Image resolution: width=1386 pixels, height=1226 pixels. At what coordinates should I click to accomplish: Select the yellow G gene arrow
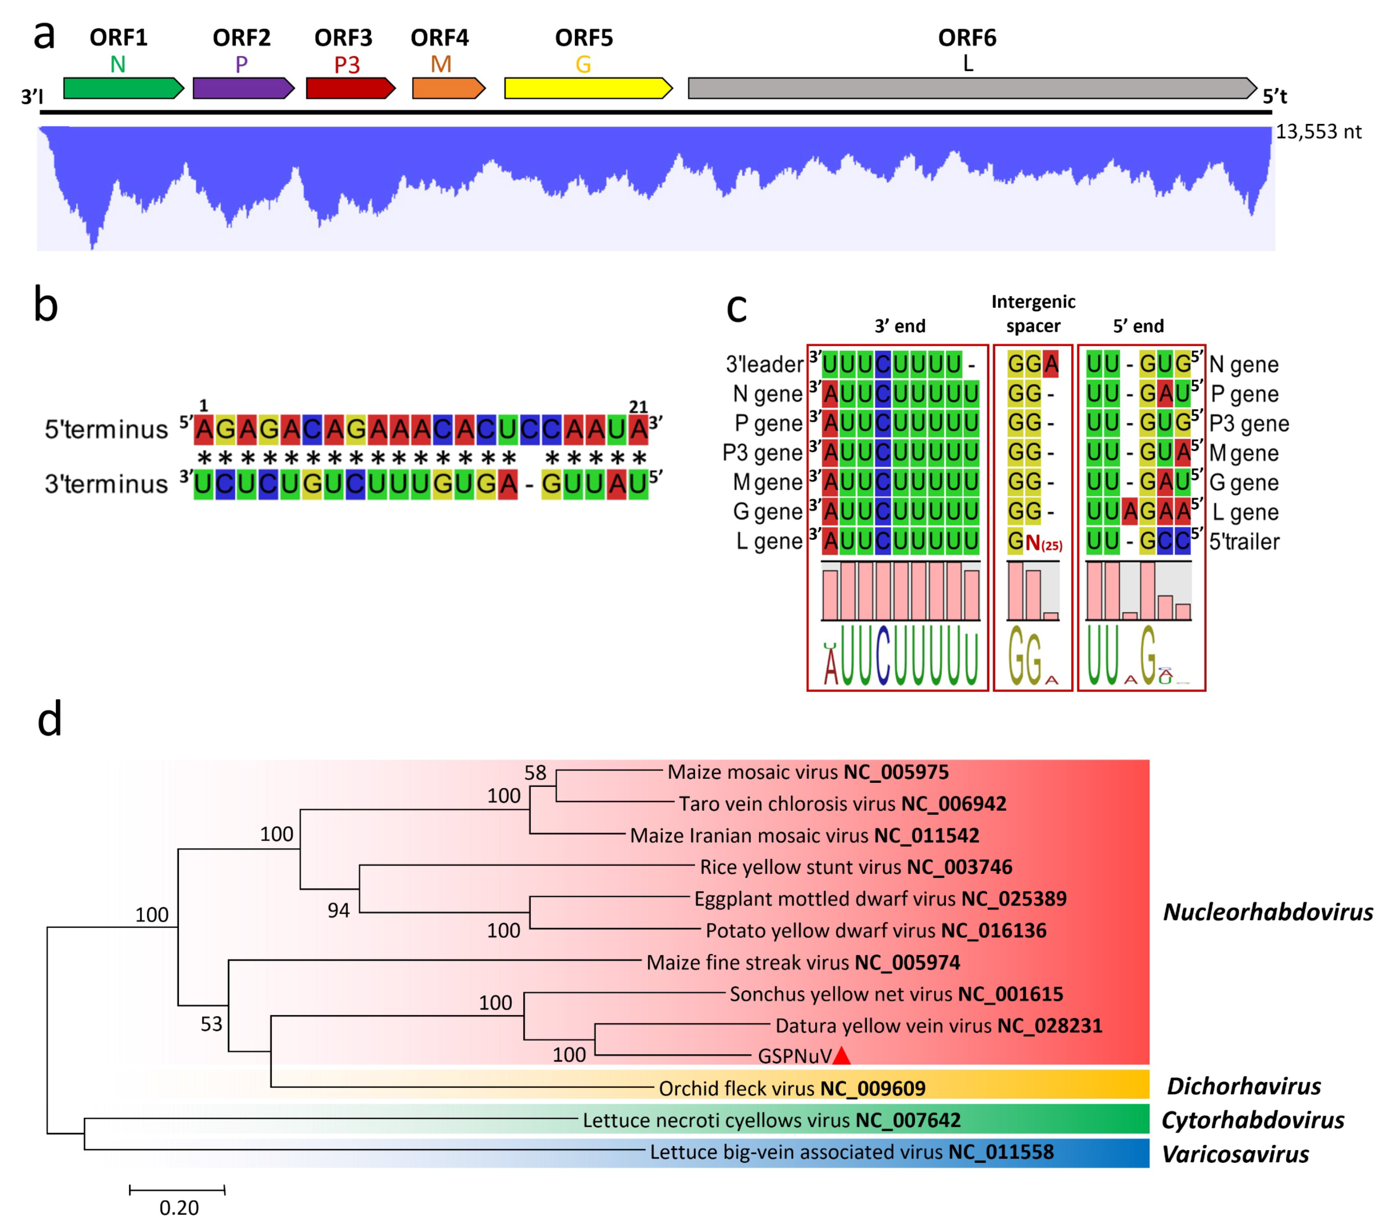click(x=587, y=88)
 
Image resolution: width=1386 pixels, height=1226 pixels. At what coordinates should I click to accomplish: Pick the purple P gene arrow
click(x=243, y=88)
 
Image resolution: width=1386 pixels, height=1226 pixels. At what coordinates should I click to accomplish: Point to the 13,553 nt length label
click(x=1318, y=131)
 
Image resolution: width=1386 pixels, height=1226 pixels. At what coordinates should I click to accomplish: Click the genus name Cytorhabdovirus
click(x=1252, y=1120)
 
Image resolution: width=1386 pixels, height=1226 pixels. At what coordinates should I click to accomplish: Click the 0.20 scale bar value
click(x=179, y=1208)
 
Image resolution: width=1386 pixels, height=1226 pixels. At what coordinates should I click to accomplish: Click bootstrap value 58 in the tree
click(x=535, y=773)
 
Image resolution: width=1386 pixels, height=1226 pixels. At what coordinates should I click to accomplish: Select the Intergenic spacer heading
click(x=1033, y=313)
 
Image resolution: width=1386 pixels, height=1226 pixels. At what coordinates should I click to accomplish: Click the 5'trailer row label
click(x=1244, y=542)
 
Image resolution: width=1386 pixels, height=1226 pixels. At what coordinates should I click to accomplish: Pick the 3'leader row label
click(x=764, y=365)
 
